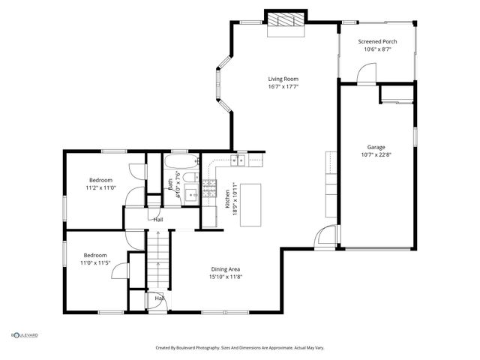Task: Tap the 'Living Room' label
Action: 284,79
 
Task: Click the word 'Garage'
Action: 376,147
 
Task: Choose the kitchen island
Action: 250,204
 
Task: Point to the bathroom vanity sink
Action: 190,194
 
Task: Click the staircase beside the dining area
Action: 157,259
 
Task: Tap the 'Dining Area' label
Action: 225,269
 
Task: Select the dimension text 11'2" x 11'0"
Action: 100,188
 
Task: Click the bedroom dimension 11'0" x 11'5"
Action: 95,263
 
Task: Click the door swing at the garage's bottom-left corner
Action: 325,238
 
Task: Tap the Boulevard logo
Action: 24,335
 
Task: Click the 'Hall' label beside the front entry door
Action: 160,298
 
